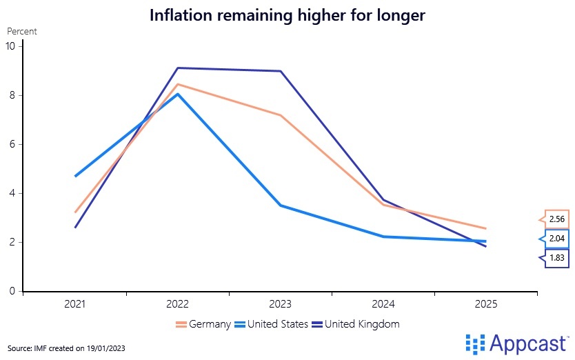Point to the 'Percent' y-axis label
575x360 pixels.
(x=22, y=31)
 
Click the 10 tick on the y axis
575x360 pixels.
(x=10, y=46)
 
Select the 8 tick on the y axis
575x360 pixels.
(x=12, y=95)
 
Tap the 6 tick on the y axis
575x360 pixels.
(x=12, y=144)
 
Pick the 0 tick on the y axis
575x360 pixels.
(x=12, y=291)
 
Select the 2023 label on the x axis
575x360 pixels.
(x=281, y=304)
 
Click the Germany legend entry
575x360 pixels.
(x=203, y=323)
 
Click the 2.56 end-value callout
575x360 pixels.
(x=556, y=219)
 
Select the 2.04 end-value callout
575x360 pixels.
(x=556, y=239)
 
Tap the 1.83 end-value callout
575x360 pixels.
(x=556, y=259)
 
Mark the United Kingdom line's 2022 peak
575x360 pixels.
(x=178, y=68)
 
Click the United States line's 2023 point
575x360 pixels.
(x=281, y=206)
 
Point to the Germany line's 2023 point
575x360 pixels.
(x=281, y=115)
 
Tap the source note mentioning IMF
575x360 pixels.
(x=66, y=347)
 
